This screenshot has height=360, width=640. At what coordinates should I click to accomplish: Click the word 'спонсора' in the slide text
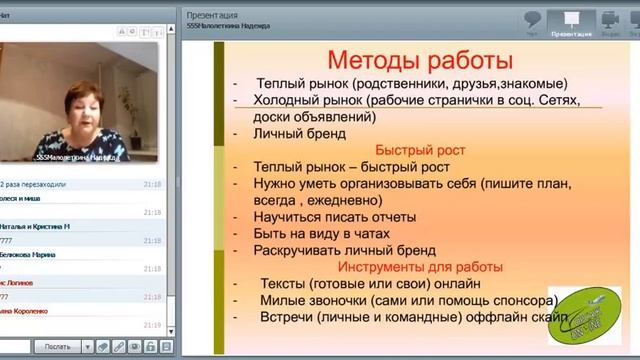520,299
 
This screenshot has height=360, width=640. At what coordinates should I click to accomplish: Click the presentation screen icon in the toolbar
571,19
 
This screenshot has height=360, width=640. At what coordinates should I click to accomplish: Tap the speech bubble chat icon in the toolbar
533,19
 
